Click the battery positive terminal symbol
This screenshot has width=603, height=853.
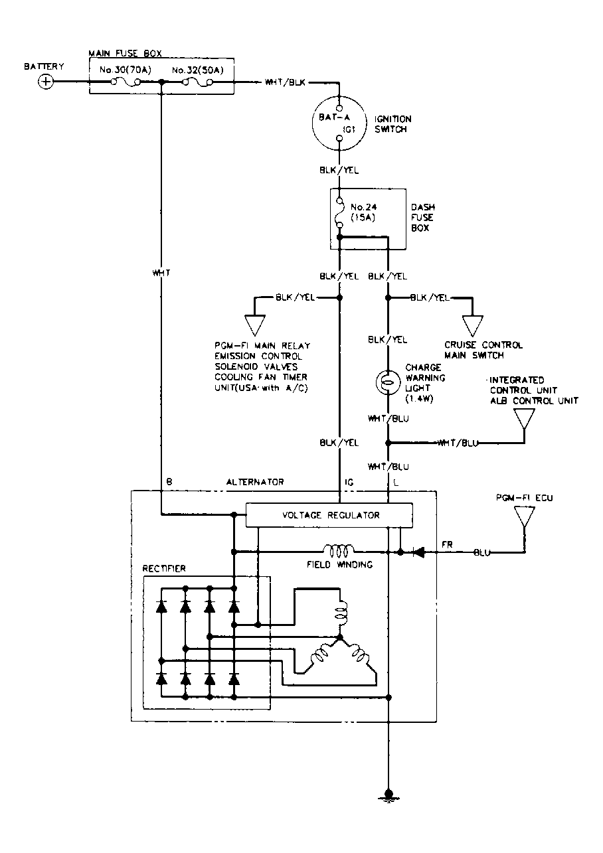46,82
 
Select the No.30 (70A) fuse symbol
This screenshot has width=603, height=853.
126,82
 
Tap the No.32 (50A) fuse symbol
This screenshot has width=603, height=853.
197,82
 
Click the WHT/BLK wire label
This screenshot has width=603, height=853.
285,82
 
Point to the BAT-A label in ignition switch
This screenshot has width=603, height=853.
334,117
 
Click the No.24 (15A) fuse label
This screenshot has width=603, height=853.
363,212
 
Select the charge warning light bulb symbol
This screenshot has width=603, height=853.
388,382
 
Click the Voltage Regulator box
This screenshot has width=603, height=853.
329,515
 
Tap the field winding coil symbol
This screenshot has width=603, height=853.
338,551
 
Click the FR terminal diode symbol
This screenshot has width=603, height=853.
418,552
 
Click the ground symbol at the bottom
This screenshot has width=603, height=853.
388,795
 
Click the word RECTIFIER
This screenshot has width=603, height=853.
164,568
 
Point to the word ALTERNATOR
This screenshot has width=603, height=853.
255,482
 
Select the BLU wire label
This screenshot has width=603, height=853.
482,552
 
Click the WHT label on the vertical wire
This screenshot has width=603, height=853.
161,273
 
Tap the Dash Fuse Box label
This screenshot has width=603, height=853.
423,218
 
